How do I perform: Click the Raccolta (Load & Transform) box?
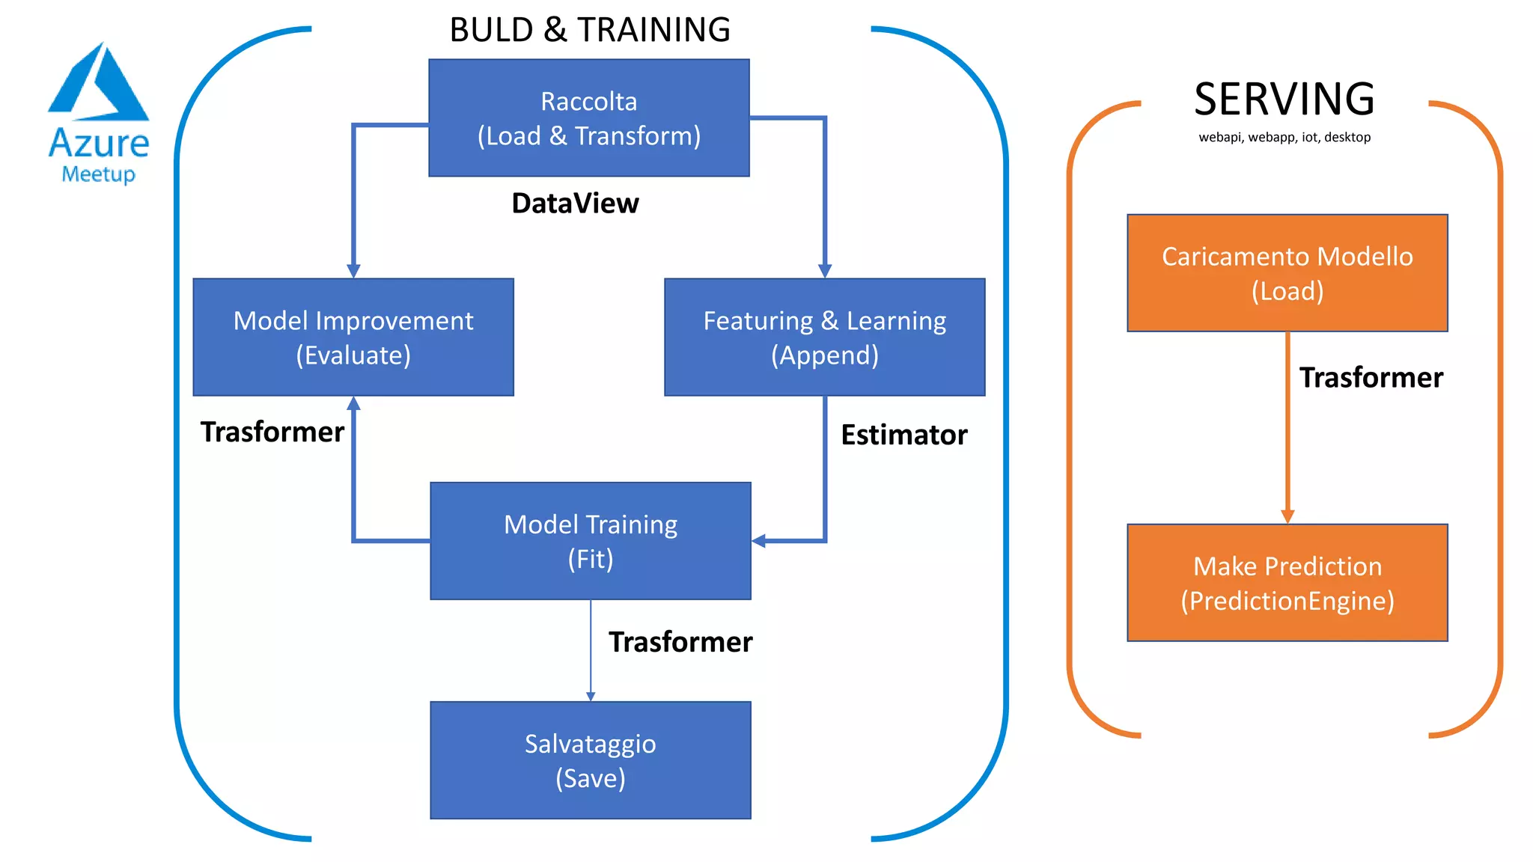click(x=589, y=118)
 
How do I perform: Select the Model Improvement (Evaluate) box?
click(x=353, y=337)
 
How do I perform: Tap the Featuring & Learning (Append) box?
click(x=824, y=337)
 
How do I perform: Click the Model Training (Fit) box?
click(x=590, y=541)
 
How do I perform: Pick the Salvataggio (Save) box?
click(x=590, y=760)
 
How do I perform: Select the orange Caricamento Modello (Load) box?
click(x=1287, y=273)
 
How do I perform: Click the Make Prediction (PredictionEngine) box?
click(x=1287, y=583)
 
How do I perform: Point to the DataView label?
click(x=575, y=204)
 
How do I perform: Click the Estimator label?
click(x=903, y=435)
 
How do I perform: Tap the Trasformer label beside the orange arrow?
click(x=1371, y=378)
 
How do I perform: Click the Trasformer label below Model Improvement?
click(x=272, y=432)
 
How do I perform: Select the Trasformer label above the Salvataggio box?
click(x=680, y=642)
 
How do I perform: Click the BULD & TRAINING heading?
click(x=589, y=30)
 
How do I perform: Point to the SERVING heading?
click(x=1284, y=99)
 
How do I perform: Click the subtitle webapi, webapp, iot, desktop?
click(x=1284, y=138)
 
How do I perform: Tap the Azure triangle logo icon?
click(x=98, y=84)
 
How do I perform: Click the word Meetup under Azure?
click(x=98, y=174)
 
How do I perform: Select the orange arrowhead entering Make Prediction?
click(x=1287, y=516)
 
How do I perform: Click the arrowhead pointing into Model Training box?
click(x=759, y=541)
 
